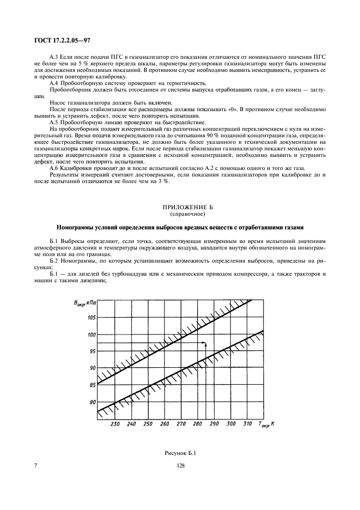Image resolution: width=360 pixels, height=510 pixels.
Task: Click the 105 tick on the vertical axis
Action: [x=90, y=317]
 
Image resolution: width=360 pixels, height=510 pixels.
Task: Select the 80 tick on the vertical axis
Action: [x=91, y=402]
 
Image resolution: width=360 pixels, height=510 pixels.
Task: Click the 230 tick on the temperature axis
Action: [x=114, y=424]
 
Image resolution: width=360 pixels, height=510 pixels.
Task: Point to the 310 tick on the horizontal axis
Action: [x=247, y=424]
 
